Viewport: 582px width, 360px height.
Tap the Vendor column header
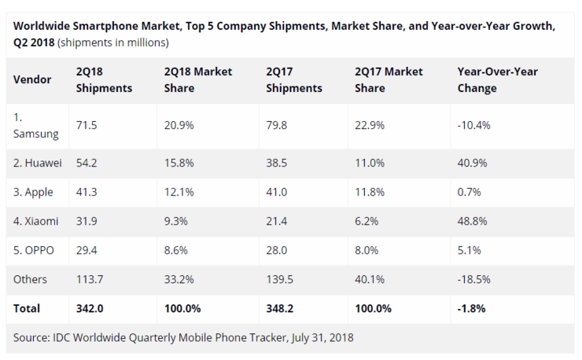(32, 79)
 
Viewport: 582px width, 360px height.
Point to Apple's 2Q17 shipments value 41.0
(278, 192)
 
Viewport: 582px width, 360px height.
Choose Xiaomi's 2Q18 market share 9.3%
(175, 222)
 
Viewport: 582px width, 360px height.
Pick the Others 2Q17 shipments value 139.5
(282, 279)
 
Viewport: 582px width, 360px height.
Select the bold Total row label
(27, 308)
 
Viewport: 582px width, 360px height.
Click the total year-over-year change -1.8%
(472, 308)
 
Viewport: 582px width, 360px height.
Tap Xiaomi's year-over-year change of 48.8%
(471, 222)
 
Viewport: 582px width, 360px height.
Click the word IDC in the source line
(64, 337)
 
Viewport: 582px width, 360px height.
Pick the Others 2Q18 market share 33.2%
(179, 279)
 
